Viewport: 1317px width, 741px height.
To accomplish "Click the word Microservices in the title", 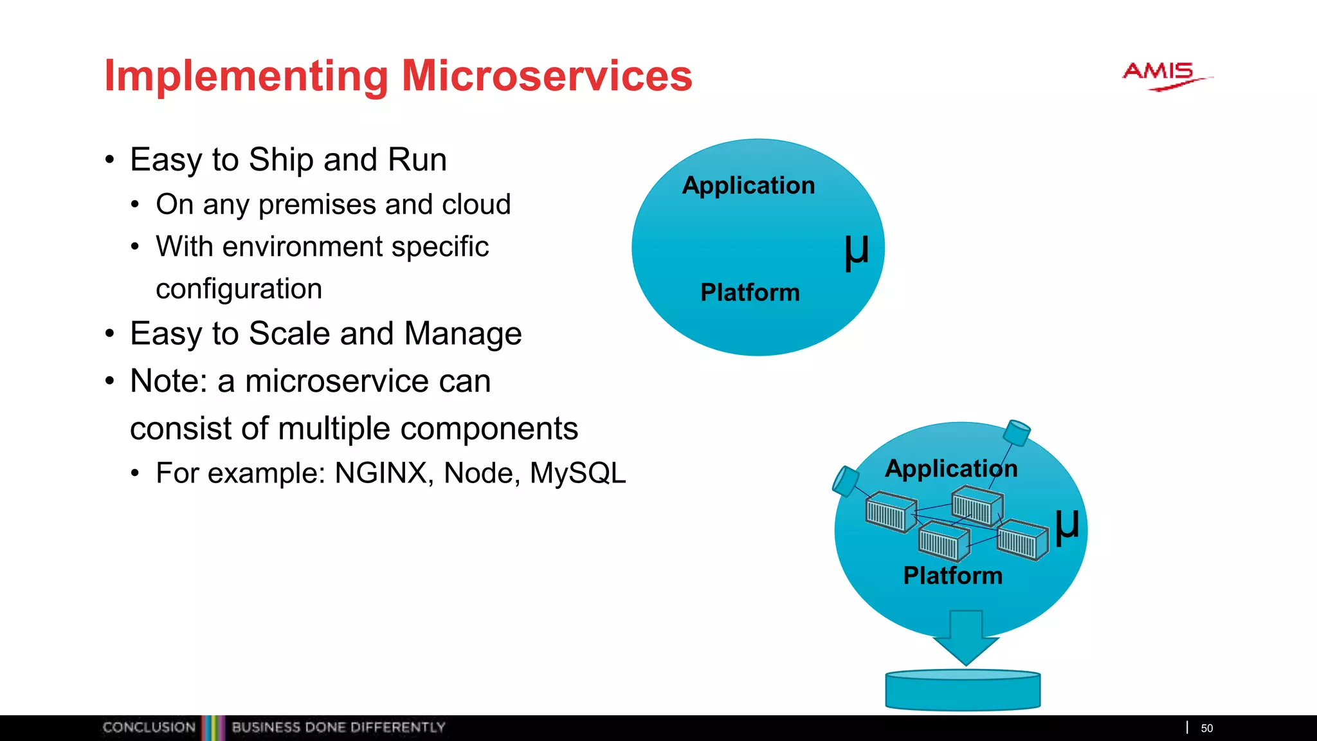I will pyautogui.click(x=547, y=76).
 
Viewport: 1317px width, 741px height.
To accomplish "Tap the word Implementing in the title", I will pyautogui.click(x=246, y=76).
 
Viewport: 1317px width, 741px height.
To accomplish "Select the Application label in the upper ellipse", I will pyautogui.click(x=749, y=185).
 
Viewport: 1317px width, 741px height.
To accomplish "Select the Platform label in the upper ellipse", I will pyautogui.click(x=750, y=293).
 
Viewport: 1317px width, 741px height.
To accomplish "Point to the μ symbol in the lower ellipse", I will pyautogui.click(x=1067, y=526).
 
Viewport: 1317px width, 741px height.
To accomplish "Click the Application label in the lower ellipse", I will pyautogui.click(x=951, y=468).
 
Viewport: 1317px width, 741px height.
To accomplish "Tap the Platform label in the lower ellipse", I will pyautogui.click(x=952, y=576).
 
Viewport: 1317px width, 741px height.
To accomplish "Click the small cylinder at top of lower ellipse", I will pyautogui.click(x=1017, y=432).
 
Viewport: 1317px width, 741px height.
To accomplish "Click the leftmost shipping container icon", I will pyautogui.click(x=891, y=512).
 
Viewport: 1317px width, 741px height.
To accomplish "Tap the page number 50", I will pyautogui.click(x=1206, y=728).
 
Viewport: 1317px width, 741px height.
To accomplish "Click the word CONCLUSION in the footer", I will pyautogui.click(x=149, y=727).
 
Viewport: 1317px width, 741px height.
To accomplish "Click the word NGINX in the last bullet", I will pyautogui.click(x=381, y=473).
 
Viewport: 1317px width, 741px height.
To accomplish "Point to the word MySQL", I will pyautogui.click(x=577, y=473).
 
